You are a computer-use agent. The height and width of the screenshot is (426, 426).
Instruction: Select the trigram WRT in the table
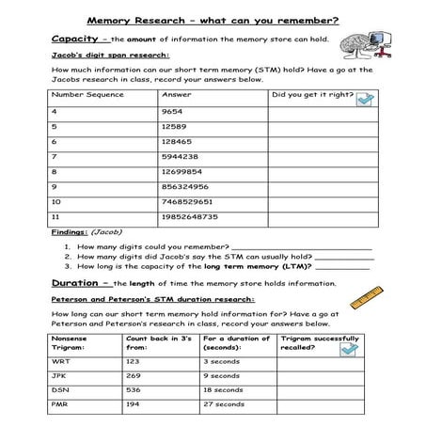tap(60, 360)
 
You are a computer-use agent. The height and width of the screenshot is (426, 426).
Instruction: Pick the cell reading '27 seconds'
tap(223, 405)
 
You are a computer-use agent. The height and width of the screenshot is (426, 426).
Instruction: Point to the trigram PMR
tap(60, 405)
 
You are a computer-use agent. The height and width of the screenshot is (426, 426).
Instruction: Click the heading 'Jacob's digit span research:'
tap(96, 56)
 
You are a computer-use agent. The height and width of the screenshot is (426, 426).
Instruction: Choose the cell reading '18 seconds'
tap(223, 390)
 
